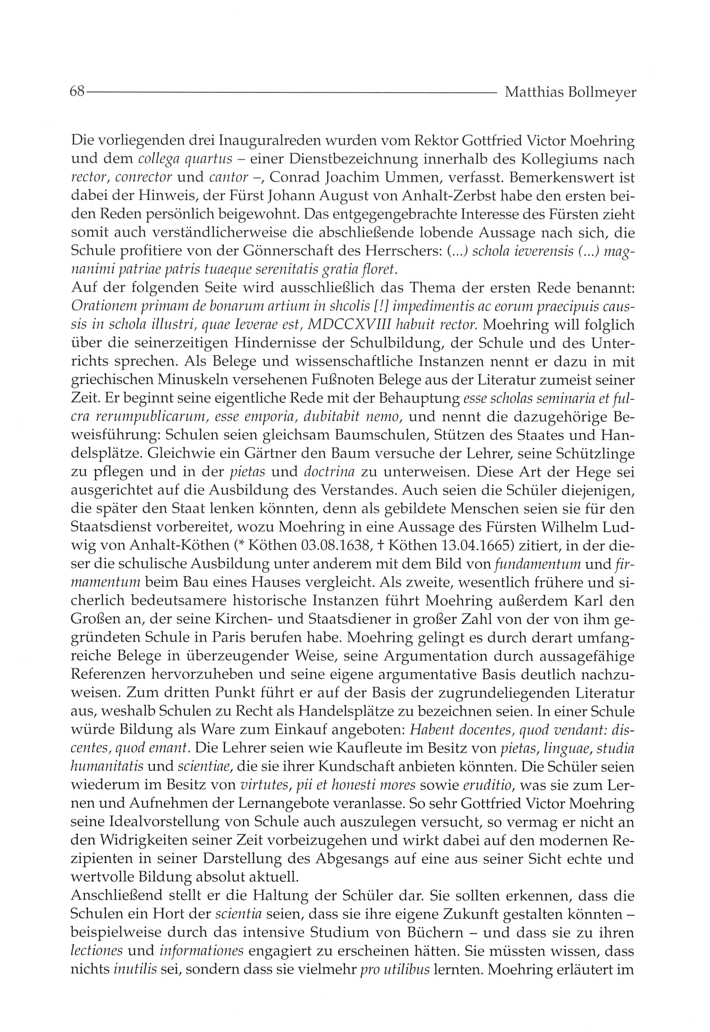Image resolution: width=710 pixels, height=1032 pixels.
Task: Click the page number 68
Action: [x=77, y=92]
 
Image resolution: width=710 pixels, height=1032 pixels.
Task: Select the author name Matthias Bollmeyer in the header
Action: [x=571, y=92]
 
